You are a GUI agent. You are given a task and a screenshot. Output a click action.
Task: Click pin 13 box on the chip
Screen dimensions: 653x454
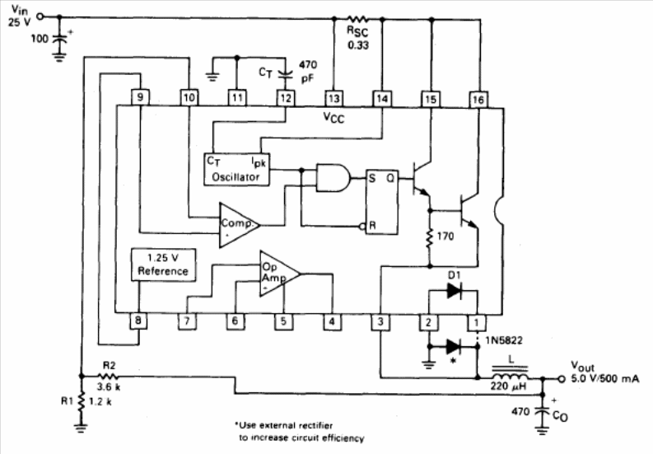pyautogui.click(x=333, y=99)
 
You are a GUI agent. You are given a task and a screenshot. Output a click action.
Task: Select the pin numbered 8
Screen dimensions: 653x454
pyautogui.click(x=138, y=321)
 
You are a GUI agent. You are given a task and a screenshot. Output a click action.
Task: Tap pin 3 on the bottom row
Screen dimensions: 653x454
pyautogui.click(x=380, y=322)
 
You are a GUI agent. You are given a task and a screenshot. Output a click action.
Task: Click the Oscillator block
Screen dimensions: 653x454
pyautogui.click(x=236, y=169)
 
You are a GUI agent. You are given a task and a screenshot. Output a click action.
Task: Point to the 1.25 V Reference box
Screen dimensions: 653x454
pyautogui.click(x=163, y=264)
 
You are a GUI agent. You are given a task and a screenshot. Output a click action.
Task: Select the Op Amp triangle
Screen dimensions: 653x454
pyautogui.click(x=279, y=274)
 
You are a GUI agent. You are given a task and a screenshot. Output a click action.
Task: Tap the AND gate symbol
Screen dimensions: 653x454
pyautogui.click(x=333, y=178)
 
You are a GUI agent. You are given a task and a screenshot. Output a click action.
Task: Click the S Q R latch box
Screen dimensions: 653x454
pyautogui.click(x=382, y=202)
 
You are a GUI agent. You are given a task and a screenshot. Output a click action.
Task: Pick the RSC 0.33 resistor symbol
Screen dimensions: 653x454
pyautogui.click(x=357, y=19)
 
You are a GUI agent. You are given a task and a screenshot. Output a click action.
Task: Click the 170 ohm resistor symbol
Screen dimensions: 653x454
pyautogui.click(x=430, y=238)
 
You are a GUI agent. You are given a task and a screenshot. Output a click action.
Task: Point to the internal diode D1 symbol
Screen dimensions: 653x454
pyautogui.click(x=454, y=291)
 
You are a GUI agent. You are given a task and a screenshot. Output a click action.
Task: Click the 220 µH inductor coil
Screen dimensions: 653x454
pyautogui.click(x=510, y=374)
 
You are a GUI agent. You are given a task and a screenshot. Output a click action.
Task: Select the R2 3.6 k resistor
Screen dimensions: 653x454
pyautogui.click(x=108, y=377)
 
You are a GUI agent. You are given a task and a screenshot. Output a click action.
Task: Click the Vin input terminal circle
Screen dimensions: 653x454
pyautogui.click(x=40, y=16)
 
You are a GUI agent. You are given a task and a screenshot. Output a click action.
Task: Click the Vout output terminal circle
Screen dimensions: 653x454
pyautogui.click(x=562, y=379)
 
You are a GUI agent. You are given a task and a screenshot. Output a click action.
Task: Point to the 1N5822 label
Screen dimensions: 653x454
pyautogui.click(x=504, y=340)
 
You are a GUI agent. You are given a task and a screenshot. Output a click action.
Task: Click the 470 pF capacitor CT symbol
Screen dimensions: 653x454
pyautogui.click(x=285, y=76)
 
